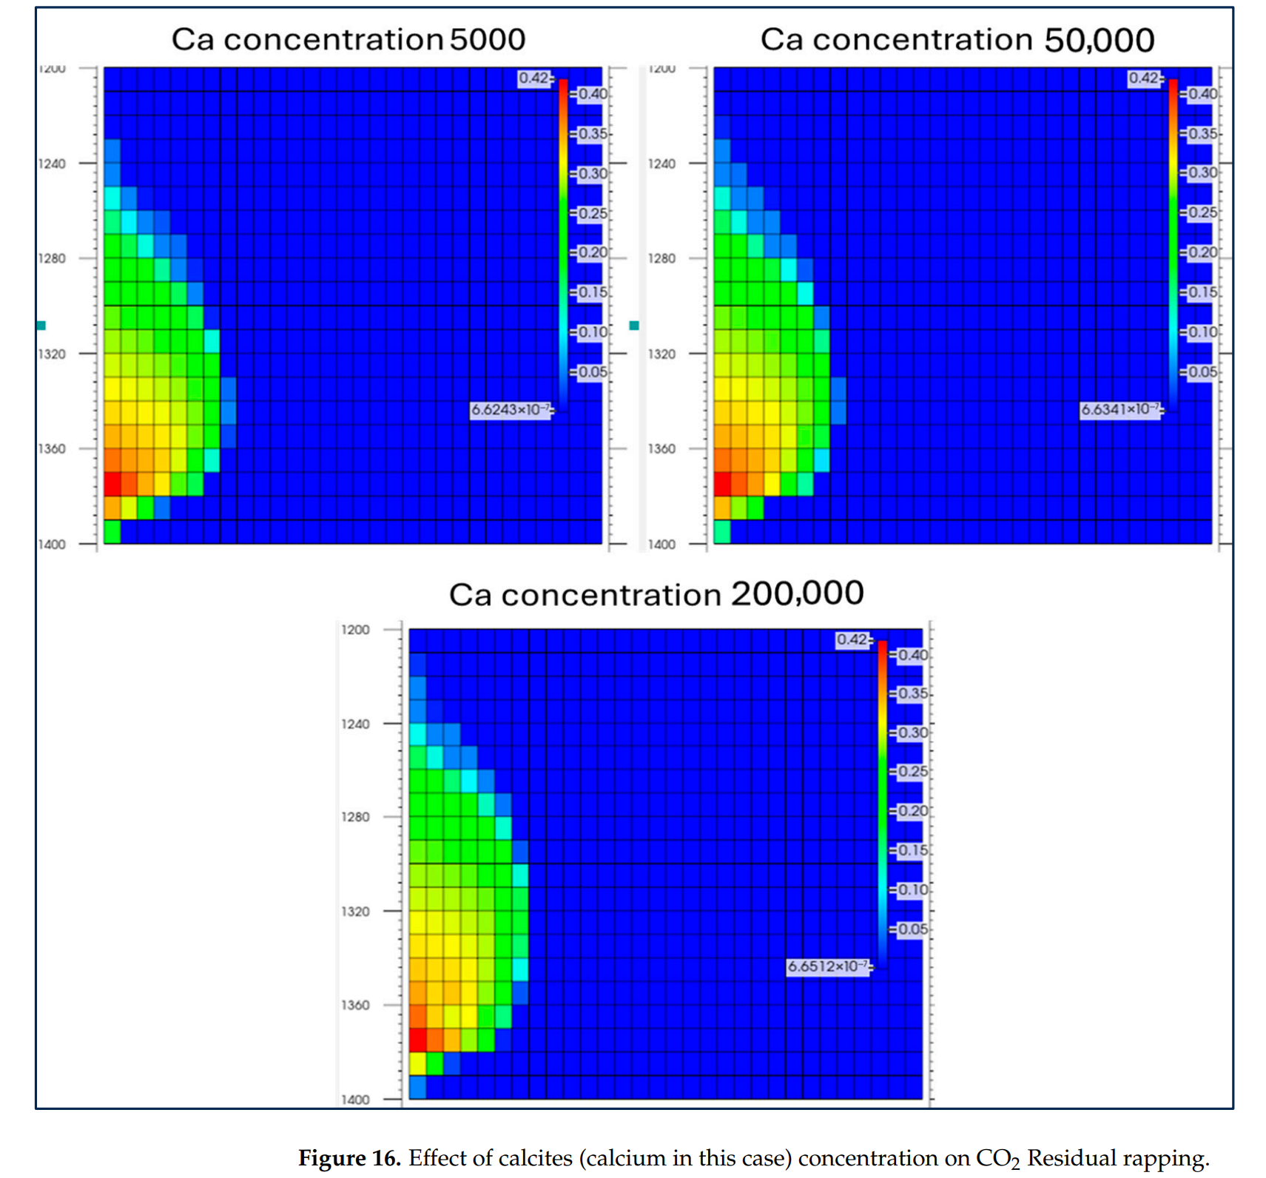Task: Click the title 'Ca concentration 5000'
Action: [349, 39]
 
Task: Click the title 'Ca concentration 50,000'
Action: [957, 39]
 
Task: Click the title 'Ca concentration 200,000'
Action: [656, 594]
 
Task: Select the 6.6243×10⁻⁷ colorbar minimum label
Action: [511, 409]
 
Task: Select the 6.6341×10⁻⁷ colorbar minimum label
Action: [1121, 409]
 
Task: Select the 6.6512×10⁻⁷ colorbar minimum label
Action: [828, 966]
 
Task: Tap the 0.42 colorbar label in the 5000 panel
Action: [533, 78]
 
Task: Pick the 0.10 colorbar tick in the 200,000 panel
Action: [912, 889]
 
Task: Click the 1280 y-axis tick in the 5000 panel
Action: [52, 258]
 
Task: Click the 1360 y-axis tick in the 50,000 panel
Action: [661, 448]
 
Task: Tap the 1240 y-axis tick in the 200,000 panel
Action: [355, 724]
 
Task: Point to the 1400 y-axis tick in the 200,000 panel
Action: [355, 1099]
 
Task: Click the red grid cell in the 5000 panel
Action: [112, 484]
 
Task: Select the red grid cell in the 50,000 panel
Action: [722, 484]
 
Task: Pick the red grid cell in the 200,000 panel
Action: [418, 1040]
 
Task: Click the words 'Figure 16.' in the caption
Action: [349, 1157]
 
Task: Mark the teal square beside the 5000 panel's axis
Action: [41, 326]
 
